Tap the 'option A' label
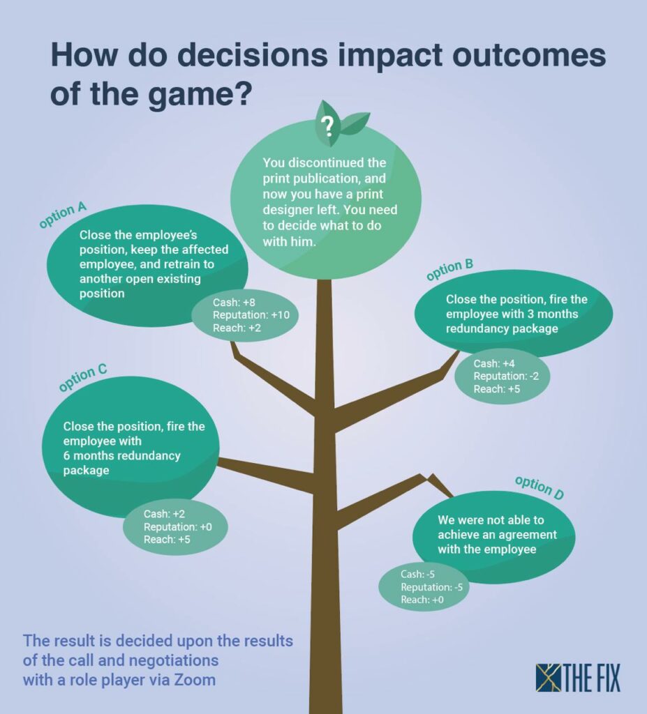click(62, 215)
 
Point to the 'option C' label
click(82, 377)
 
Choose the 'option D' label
click(540, 487)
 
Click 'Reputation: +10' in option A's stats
click(251, 314)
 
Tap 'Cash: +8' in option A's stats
click(234, 302)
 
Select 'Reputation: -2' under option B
click(506, 376)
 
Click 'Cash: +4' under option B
click(494, 363)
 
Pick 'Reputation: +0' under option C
click(178, 527)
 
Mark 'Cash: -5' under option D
click(417, 575)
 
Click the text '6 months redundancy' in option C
click(121, 455)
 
